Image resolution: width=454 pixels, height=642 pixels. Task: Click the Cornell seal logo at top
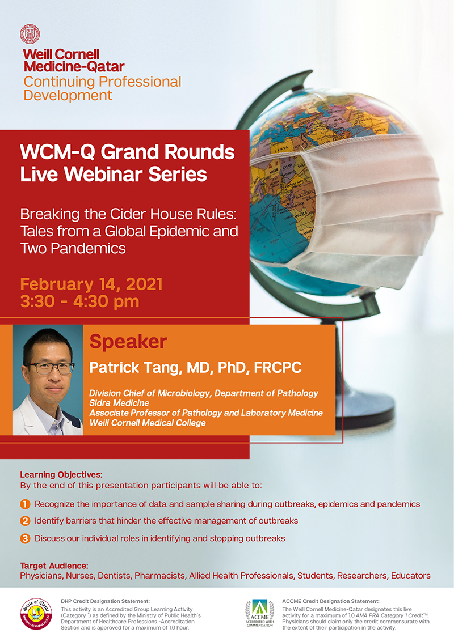coord(30,34)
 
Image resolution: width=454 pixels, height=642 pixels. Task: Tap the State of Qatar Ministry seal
coord(36,613)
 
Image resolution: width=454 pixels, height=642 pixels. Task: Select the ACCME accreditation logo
coord(259,613)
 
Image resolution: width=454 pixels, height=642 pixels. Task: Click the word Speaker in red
coord(128,342)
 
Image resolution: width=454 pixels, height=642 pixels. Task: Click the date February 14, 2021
coord(91,284)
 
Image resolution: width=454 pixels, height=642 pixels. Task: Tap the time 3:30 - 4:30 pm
coord(79,302)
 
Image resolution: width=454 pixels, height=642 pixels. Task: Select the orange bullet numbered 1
coord(25,504)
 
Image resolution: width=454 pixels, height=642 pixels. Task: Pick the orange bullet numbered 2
coord(25,521)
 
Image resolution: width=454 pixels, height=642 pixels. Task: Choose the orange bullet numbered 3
coord(25,538)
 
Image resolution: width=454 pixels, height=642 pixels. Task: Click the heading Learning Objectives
coord(61,475)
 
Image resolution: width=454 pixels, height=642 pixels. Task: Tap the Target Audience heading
coord(54,566)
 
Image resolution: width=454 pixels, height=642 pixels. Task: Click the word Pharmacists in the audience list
coord(159,576)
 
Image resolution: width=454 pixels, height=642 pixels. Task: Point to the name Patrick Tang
coord(135,368)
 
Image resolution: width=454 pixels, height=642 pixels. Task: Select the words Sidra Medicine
coord(119,403)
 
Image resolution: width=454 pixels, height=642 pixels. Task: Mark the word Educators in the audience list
coord(410,576)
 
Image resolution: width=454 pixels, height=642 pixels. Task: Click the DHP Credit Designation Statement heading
coord(105,601)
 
